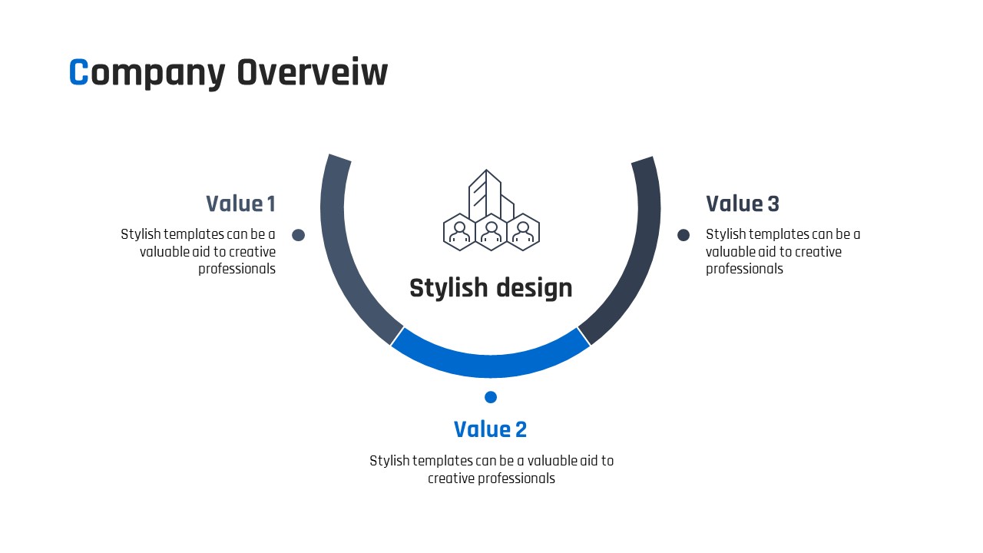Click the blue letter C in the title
coord(79,72)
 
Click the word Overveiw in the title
coord(313,72)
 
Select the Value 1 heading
coord(240,204)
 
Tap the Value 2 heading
coord(490,429)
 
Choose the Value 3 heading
coord(743,204)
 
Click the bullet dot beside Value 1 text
coord(299,235)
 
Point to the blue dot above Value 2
coord(491,397)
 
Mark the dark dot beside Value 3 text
coord(683,235)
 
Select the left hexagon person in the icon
coord(459,232)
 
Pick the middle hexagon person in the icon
coord(491,232)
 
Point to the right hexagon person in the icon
coord(523,232)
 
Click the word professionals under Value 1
coord(237,269)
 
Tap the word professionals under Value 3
coord(744,269)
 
